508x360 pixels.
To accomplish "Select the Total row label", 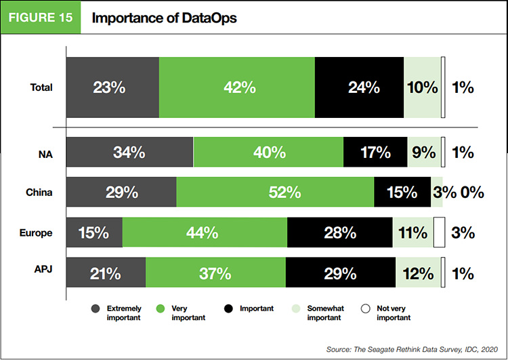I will pyautogui.click(x=41, y=87).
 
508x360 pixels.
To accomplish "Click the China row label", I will pyautogui.click(x=40, y=193).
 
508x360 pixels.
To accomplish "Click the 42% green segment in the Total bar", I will pyautogui.click(x=237, y=87).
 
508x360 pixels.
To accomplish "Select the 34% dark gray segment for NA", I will pyautogui.click(x=129, y=153).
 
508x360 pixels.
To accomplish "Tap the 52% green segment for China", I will pyautogui.click(x=275, y=193).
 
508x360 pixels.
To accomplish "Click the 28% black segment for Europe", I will pyautogui.click(x=339, y=233).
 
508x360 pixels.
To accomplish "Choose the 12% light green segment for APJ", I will pyautogui.click(x=417, y=274).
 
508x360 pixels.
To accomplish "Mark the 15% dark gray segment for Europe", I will pyautogui.click(x=93, y=233).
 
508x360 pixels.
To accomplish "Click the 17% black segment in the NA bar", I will pyautogui.click(x=375, y=153).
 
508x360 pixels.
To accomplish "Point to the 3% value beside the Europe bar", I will pyautogui.click(x=463, y=233).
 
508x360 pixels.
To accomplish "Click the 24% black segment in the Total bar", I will pyautogui.click(x=359, y=87).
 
